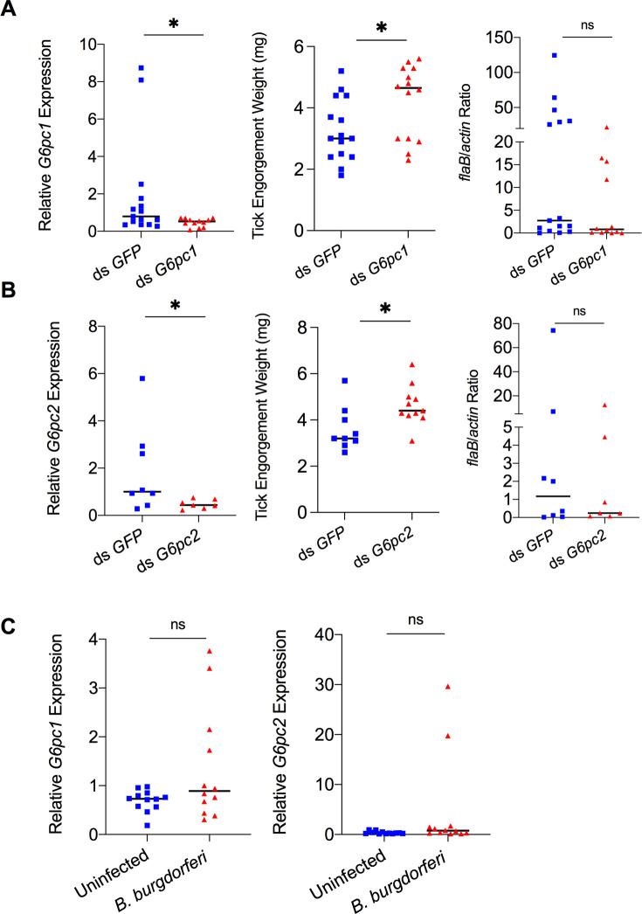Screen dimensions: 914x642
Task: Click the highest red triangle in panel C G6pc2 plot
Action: click(x=448, y=687)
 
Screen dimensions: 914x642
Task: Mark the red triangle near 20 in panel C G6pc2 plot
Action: click(x=448, y=736)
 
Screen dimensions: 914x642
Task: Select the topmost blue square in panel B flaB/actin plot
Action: click(x=529, y=330)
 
